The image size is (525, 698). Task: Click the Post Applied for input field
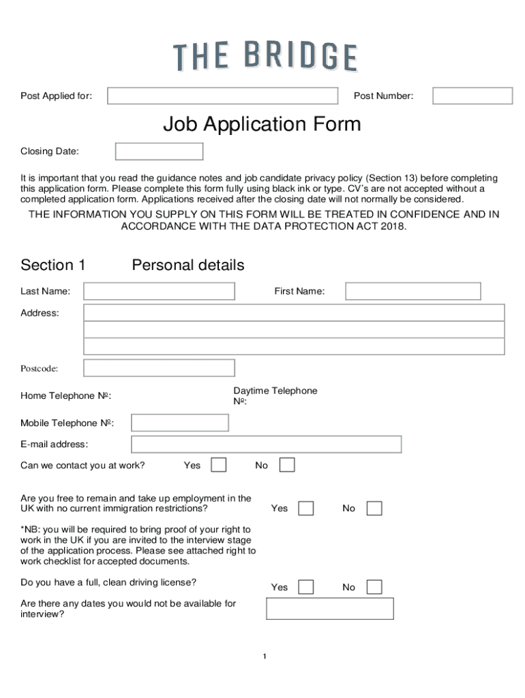(222, 96)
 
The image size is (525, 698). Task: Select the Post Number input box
(472, 96)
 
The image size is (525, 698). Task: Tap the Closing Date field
(159, 151)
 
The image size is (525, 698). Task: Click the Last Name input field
(159, 292)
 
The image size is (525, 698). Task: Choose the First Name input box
(412, 292)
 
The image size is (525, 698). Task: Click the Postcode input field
(159, 368)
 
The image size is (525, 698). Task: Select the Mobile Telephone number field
(179, 423)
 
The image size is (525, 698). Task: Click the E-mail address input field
(266, 444)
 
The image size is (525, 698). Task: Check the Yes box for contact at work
(218, 465)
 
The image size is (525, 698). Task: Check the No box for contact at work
(287, 465)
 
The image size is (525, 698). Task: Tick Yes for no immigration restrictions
(306, 509)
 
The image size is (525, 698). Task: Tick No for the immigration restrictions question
(374, 509)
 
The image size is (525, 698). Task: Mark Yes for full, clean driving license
(306, 587)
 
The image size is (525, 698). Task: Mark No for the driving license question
(374, 587)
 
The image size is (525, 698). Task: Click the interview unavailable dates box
(329, 609)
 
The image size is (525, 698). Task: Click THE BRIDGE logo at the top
(265, 57)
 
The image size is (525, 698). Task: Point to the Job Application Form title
(262, 125)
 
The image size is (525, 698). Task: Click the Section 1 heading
(53, 265)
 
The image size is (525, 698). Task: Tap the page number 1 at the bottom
(264, 656)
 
